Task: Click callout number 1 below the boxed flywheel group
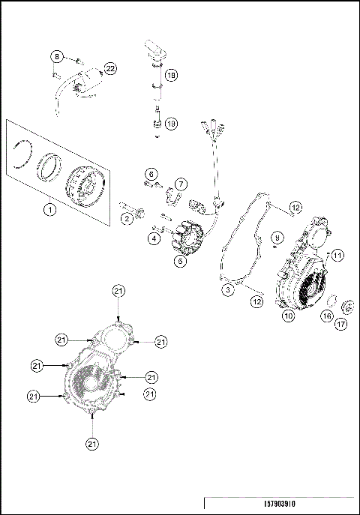click(49, 210)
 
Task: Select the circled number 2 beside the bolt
click(127, 218)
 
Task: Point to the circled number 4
click(154, 238)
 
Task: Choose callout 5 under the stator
click(180, 262)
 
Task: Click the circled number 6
click(151, 174)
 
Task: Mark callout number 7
click(181, 183)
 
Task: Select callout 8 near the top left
click(56, 57)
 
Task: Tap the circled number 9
click(277, 238)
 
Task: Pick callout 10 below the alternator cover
click(288, 316)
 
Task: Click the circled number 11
click(338, 256)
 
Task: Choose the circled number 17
click(341, 325)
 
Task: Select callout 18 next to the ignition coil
click(171, 75)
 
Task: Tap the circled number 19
click(171, 124)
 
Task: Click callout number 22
click(110, 68)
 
